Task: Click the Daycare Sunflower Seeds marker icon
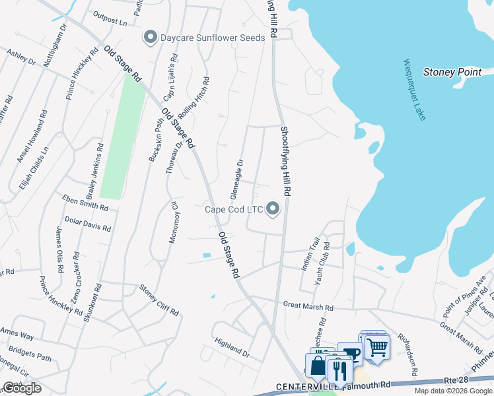coord(150,38)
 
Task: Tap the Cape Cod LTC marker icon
coord(273,210)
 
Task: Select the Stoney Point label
coord(452,72)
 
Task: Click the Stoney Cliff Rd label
coord(159,300)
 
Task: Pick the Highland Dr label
coord(232,348)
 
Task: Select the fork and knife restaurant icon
coord(340,371)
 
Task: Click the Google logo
coord(22,387)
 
